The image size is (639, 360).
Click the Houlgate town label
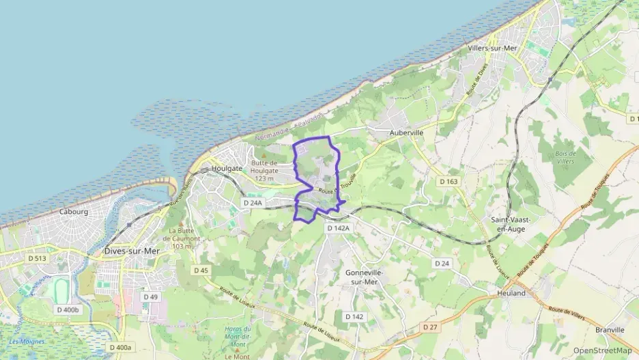click(x=227, y=168)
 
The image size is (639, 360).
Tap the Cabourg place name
click(x=74, y=212)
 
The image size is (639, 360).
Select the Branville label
click(x=610, y=330)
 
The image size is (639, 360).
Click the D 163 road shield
click(x=448, y=181)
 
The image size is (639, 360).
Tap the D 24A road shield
click(x=253, y=203)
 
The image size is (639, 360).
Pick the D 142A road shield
click(x=338, y=228)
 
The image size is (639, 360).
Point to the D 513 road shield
click(x=38, y=258)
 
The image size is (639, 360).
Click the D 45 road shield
click(x=201, y=271)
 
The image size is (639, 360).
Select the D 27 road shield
click(x=429, y=327)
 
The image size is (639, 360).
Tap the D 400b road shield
click(x=67, y=309)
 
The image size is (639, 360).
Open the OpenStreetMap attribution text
click(x=603, y=351)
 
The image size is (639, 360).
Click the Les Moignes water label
click(x=27, y=341)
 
